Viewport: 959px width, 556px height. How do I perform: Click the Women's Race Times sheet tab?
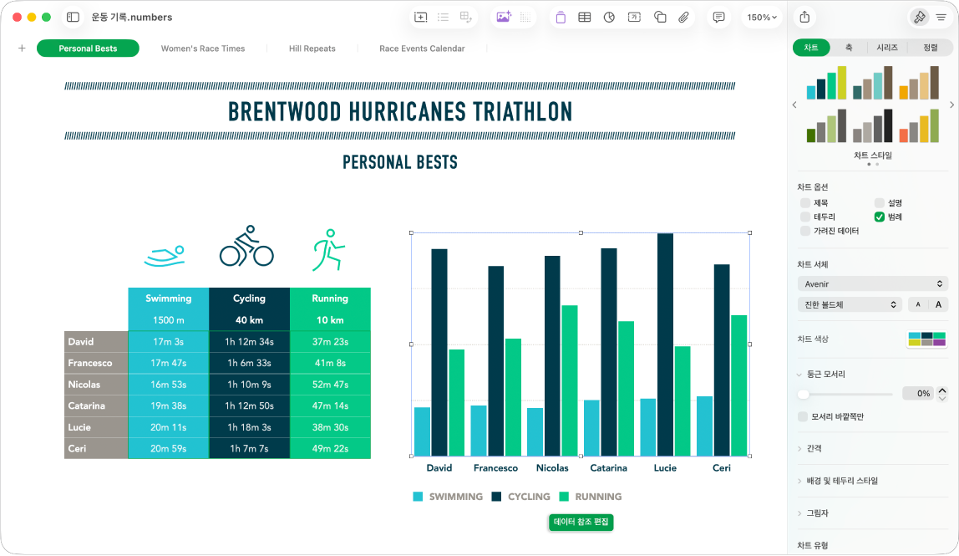pyautogui.click(x=202, y=48)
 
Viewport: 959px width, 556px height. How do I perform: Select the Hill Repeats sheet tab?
pyautogui.click(x=312, y=48)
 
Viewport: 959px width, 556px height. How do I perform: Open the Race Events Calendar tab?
pyautogui.click(x=422, y=48)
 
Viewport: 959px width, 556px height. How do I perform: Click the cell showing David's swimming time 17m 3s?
pyautogui.click(x=168, y=342)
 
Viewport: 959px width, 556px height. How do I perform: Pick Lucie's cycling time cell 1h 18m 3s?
pyautogui.click(x=249, y=427)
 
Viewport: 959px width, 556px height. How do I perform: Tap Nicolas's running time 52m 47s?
pyautogui.click(x=330, y=385)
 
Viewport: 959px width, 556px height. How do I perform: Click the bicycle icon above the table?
pyautogui.click(x=246, y=246)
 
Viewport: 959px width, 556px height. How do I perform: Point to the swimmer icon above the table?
pyautogui.click(x=165, y=256)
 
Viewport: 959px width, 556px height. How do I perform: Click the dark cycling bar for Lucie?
pyautogui.click(x=666, y=344)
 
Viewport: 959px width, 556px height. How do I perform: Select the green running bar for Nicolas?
pyautogui.click(x=570, y=381)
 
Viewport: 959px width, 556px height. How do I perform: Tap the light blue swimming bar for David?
pyautogui.click(x=422, y=431)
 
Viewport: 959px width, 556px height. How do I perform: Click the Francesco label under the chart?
pyautogui.click(x=495, y=468)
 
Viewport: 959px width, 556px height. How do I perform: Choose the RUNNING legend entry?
pyautogui.click(x=591, y=497)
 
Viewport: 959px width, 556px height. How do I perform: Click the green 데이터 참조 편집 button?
pyautogui.click(x=581, y=522)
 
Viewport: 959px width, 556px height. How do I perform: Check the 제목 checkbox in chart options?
pyautogui.click(x=805, y=202)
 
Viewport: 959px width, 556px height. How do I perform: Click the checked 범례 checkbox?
pyautogui.click(x=880, y=217)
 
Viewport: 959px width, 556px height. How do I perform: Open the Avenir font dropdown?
pyautogui.click(x=873, y=284)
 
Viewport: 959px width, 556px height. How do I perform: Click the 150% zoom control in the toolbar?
pyautogui.click(x=762, y=18)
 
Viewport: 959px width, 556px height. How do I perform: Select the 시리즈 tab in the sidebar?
pyautogui.click(x=887, y=48)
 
